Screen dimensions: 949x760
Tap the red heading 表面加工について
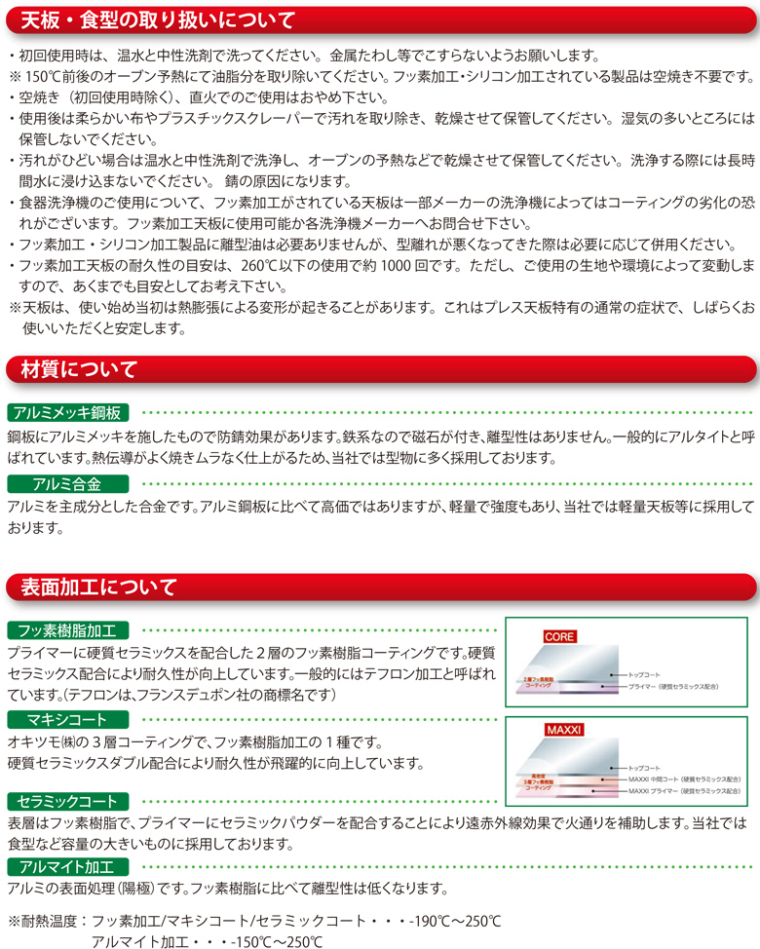[x=93, y=587]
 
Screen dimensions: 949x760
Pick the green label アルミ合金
[x=55, y=484]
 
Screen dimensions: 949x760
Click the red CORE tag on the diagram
[x=559, y=636]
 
